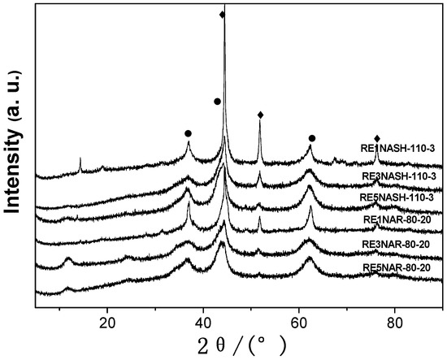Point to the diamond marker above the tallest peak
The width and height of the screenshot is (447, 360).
point(223,15)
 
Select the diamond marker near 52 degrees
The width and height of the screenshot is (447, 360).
point(260,115)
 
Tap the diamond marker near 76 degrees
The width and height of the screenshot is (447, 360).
point(377,139)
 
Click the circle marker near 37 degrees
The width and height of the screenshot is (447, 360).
point(188,132)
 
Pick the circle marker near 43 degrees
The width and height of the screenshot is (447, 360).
point(217,101)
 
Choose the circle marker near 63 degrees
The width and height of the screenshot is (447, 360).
point(312,138)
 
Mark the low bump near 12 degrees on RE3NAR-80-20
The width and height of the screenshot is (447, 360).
point(69,260)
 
